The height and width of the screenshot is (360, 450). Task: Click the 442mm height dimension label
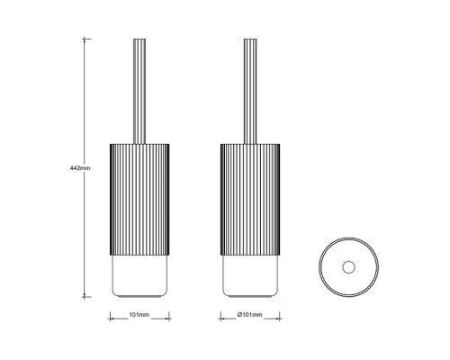click(80, 168)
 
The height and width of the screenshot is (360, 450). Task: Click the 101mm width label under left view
click(139, 315)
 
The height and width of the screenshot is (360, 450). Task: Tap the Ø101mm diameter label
click(249, 315)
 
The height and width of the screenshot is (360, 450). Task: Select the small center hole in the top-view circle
click(348, 267)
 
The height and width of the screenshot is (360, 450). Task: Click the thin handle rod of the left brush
click(139, 91)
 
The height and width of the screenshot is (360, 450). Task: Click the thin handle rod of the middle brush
click(250, 91)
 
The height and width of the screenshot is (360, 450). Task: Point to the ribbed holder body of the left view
click(139, 200)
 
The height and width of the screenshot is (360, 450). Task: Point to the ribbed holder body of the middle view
click(250, 200)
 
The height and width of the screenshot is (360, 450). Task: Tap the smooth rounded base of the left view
click(139, 276)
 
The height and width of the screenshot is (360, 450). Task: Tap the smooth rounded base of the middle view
click(250, 276)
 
